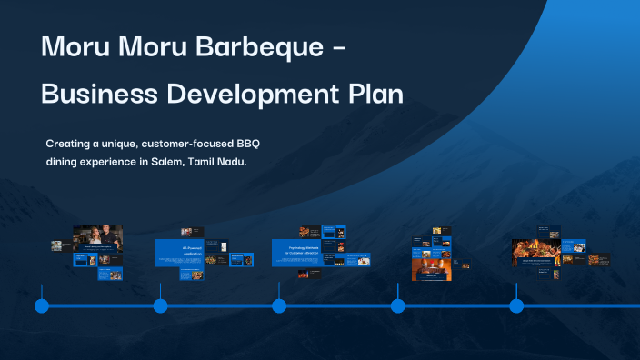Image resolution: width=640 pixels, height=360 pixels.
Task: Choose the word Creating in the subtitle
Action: pyautogui.click(x=69, y=144)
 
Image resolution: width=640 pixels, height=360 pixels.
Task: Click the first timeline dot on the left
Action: pyautogui.click(x=42, y=306)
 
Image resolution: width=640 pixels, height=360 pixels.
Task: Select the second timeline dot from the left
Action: pyautogui.click(x=161, y=306)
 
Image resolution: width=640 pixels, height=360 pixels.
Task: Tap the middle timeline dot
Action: pyautogui.click(x=279, y=306)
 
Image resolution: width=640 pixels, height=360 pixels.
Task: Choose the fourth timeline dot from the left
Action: pyautogui.click(x=398, y=306)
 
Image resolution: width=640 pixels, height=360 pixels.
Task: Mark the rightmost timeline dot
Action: pyautogui.click(x=516, y=306)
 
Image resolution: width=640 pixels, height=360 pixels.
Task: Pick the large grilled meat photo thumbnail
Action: pyautogui.click(x=535, y=251)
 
